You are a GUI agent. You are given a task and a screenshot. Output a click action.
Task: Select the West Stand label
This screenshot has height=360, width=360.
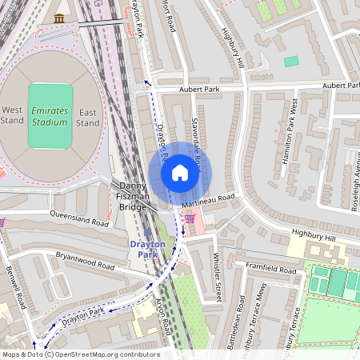[x=13, y=115]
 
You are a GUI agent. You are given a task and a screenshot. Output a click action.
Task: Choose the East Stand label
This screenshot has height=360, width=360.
[x=88, y=117]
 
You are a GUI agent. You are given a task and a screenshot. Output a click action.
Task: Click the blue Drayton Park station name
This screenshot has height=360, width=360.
[x=147, y=248]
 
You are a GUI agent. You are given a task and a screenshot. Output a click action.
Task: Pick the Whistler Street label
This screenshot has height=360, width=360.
[x=216, y=277]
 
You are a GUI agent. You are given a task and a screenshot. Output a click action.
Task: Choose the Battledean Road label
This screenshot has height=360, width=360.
[x=241, y=320]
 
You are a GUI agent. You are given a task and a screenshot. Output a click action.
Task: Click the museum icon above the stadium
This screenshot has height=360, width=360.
[x=58, y=18]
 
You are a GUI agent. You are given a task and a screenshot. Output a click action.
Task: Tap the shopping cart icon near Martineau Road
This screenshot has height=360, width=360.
[x=190, y=216]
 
